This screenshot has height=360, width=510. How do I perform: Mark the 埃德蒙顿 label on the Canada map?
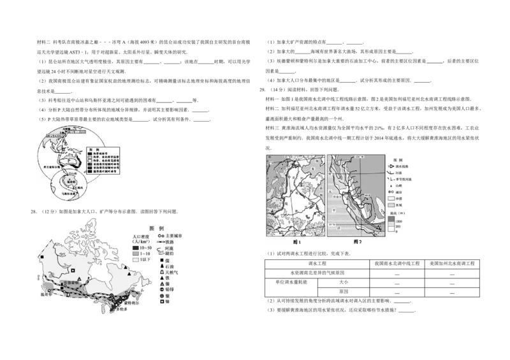(x=71, y=282)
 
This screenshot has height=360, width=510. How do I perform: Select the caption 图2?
(x=357, y=241)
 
